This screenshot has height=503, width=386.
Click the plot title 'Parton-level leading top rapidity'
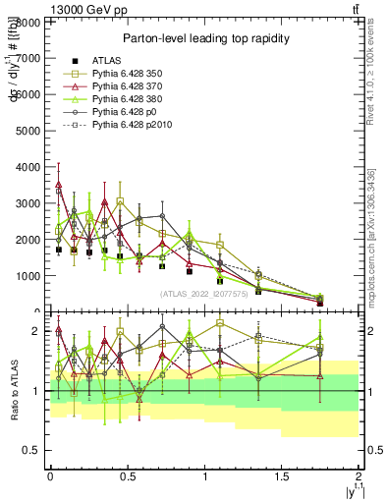204,37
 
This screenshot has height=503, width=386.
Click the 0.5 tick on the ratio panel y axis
32,450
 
